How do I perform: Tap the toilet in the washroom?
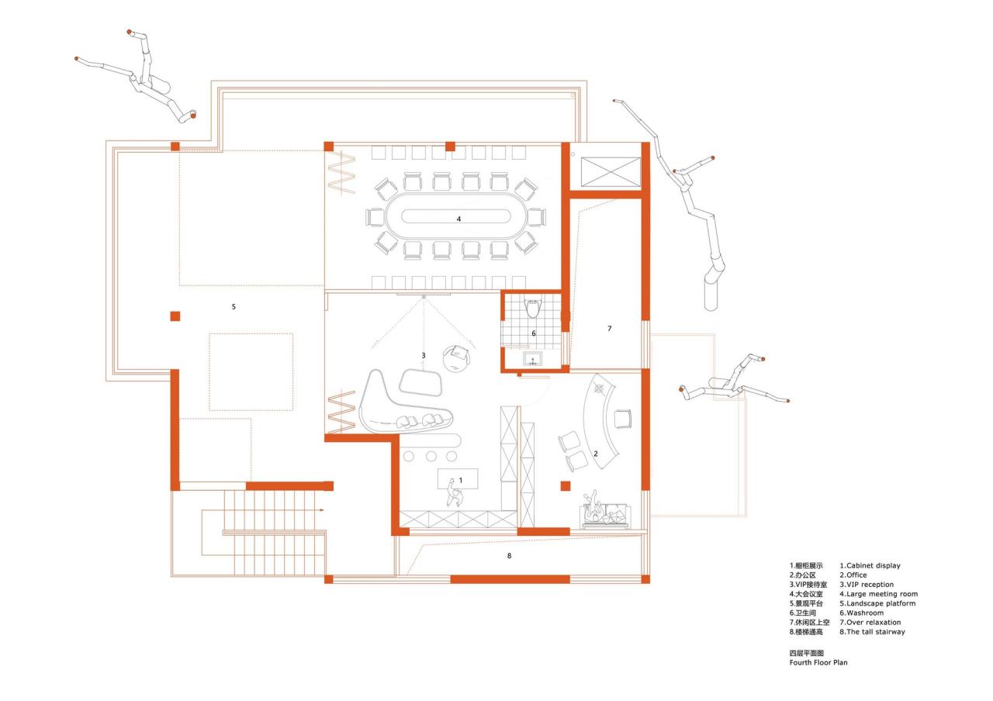tap(532, 309)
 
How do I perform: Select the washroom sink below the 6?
tap(533, 357)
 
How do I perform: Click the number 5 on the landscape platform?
tap(234, 307)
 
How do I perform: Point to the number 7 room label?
tap(609, 329)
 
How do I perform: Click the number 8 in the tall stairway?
tap(509, 556)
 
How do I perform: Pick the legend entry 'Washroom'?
tap(864, 613)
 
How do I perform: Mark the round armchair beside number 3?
tap(457, 358)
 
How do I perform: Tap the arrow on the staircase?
tap(320, 510)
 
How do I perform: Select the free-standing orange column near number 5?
tap(175, 316)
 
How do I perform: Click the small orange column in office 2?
tap(566, 485)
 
